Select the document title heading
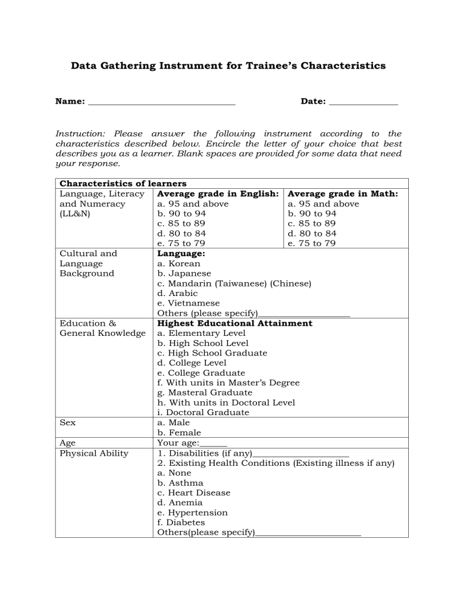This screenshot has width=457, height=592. tap(228, 66)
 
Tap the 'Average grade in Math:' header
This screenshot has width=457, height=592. tap(343, 194)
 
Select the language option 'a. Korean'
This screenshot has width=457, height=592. tap(179, 263)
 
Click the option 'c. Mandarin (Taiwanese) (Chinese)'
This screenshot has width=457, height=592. tap(234, 283)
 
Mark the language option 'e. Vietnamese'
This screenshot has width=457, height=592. tap(188, 303)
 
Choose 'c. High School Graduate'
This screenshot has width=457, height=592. tap(212, 353)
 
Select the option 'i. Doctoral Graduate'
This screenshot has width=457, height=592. tap(203, 413)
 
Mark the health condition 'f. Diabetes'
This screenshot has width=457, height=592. tap(181, 522)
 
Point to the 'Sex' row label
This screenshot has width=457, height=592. tap(67, 423)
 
